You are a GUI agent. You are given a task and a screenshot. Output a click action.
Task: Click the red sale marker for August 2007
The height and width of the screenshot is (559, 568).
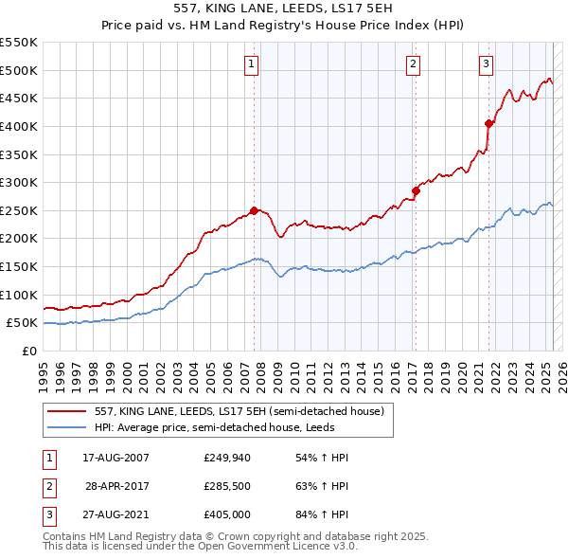pyautogui.click(x=254, y=210)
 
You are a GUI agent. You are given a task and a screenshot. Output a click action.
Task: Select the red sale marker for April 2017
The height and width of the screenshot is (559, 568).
pyautogui.click(x=416, y=190)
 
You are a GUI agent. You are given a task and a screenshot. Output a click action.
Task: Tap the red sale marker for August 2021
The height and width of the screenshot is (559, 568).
pyautogui.click(x=488, y=123)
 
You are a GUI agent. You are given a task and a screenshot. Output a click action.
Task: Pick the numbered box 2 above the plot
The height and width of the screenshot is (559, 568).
pyautogui.click(x=414, y=64)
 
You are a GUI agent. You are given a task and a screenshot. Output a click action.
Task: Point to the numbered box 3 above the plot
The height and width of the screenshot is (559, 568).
pyautogui.click(x=486, y=64)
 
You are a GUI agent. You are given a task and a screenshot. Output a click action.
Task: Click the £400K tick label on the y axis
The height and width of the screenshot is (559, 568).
pyautogui.click(x=18, y=126)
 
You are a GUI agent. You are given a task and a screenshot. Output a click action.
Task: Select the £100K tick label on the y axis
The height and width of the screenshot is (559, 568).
pyautogui.click(x=18, y=295)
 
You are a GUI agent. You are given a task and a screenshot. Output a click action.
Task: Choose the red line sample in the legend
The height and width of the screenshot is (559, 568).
pyautogui.click(x=67, y=411)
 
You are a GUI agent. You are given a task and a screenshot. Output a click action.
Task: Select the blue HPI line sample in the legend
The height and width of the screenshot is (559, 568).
pyautogui.click(x=67, y=427)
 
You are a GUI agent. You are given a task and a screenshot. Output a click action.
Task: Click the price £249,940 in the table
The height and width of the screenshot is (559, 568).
pyautogui.click(x=226, y=458)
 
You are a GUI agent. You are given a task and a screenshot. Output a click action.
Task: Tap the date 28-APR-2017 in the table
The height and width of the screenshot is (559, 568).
pyautogui.click(x=116, y=487)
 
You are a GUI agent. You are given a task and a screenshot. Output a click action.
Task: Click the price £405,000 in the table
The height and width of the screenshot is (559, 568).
pyautogui.click(x=226, y=516)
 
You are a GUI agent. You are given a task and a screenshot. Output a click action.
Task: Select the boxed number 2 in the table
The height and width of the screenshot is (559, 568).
pyautogui.click(x=47, y=487)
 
